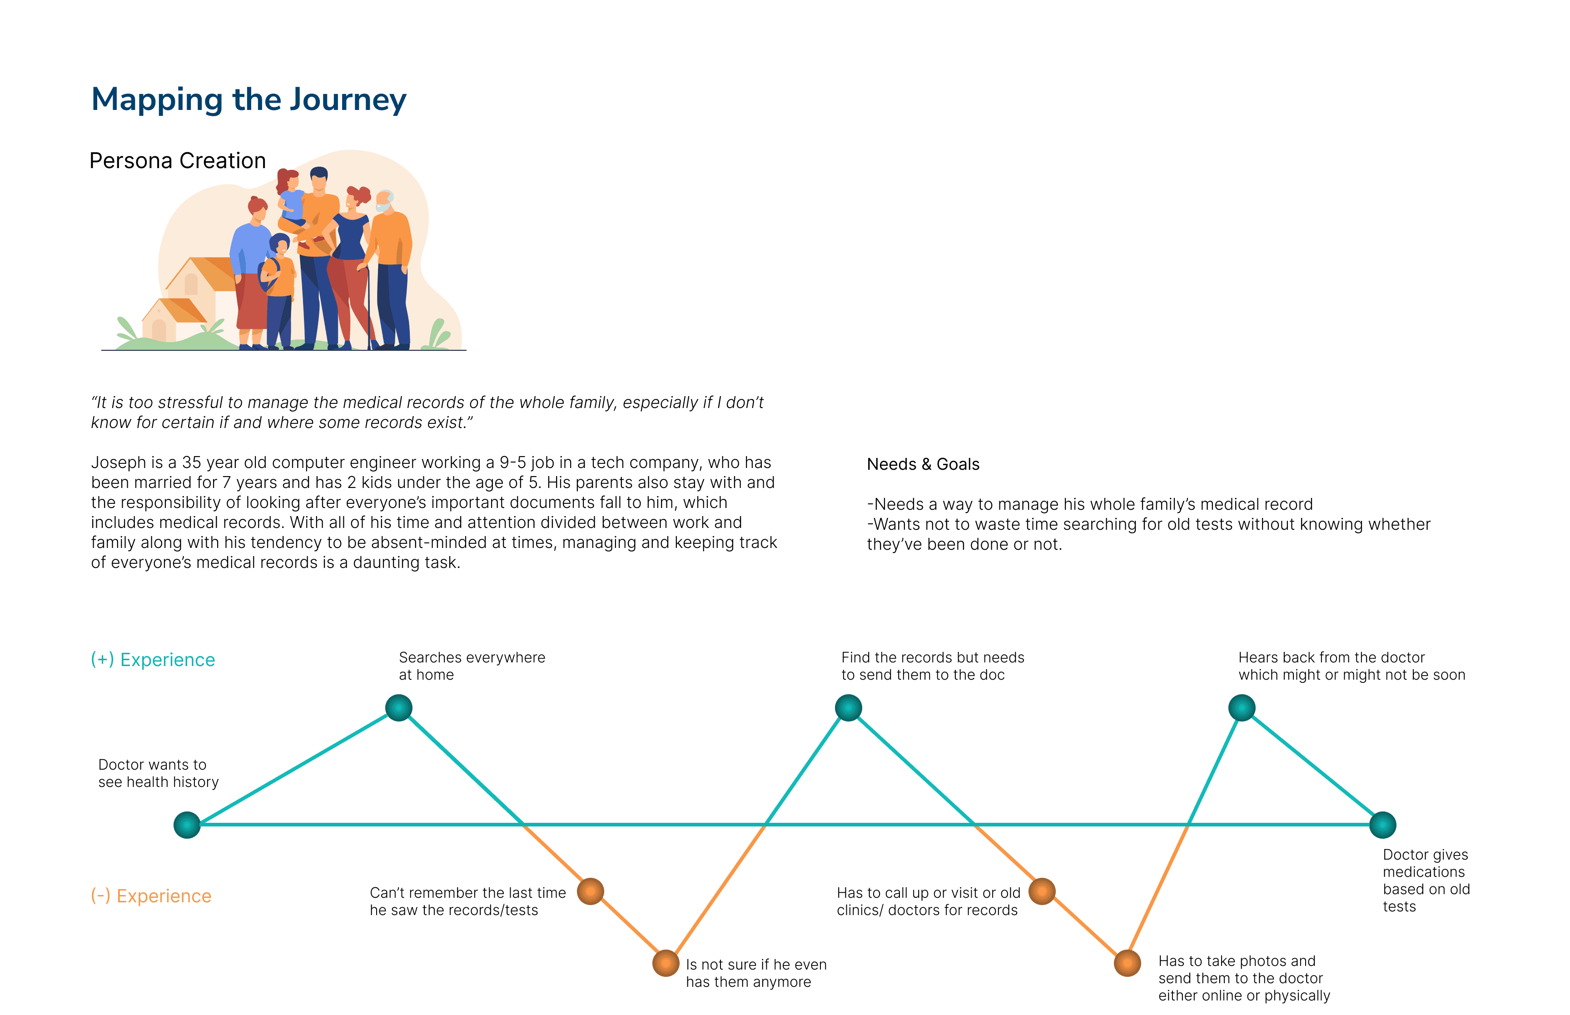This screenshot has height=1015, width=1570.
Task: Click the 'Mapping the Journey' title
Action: [x=248, y=100]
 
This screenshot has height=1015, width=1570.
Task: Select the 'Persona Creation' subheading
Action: [x=177, y=161]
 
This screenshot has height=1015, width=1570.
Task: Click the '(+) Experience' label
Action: [x=153, y=660]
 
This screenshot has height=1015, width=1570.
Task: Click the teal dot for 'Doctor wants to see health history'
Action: [x=187, y=825]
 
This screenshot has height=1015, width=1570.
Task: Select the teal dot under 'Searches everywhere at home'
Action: [x=398, y=708]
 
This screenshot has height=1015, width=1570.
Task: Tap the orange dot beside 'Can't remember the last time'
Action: [x=590, y=891]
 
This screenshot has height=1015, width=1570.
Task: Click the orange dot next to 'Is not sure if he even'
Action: [x=666, y=963]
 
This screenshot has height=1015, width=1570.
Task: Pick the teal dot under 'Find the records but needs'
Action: [x=849, y=708]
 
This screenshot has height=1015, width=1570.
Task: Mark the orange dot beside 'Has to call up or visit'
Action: [x=1042, y=891]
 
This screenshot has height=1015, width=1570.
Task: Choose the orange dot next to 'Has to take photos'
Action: [x=1127, y=963]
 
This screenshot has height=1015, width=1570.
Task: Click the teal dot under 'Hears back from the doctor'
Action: [x=1242, y=708]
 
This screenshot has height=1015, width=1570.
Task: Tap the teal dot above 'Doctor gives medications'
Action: [x=1383, y=825]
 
